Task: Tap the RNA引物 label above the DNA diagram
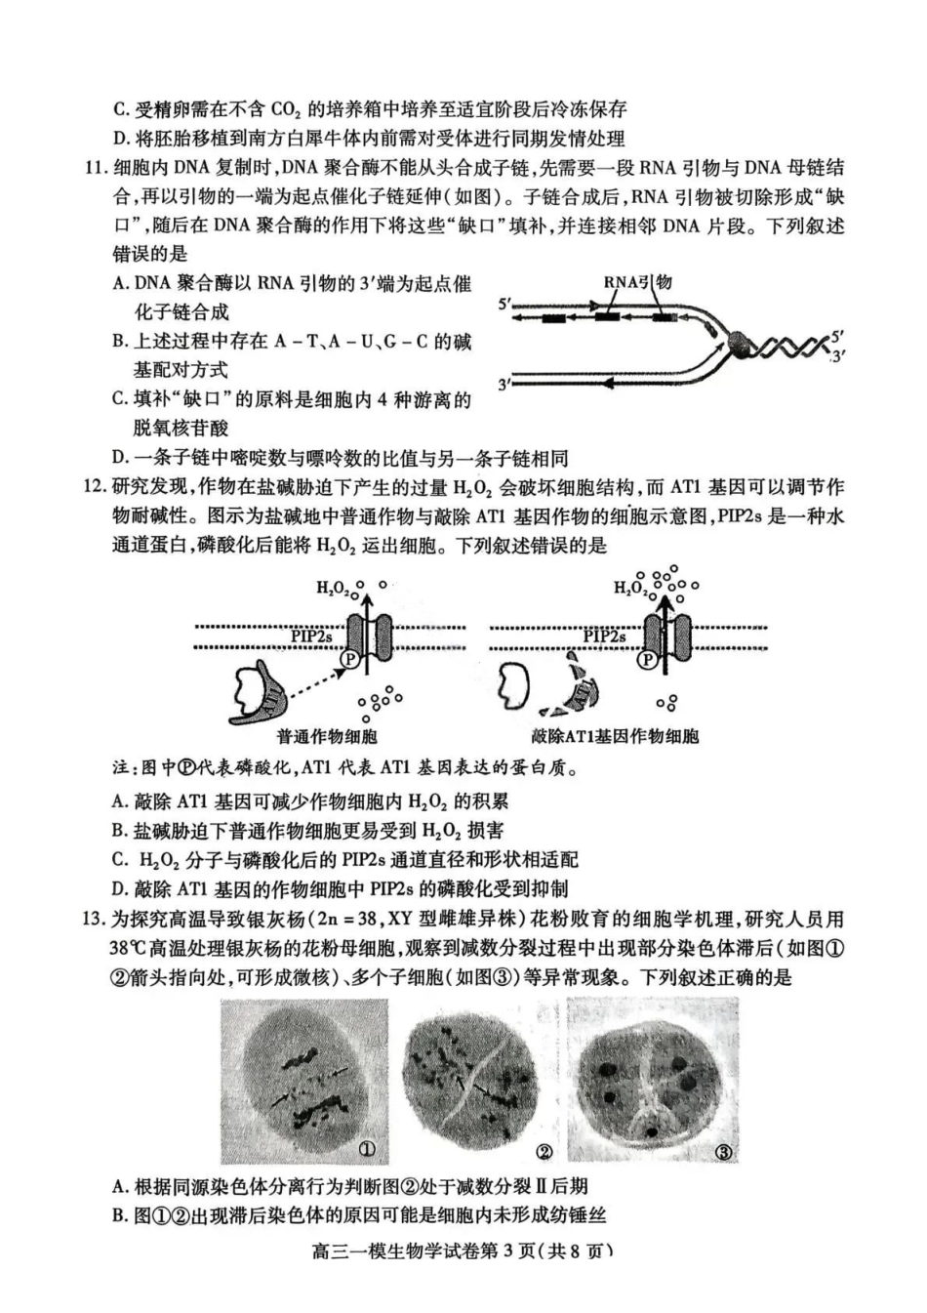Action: (636, 283)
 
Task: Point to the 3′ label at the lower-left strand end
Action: (504, 385)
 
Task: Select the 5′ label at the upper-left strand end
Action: (504, 305)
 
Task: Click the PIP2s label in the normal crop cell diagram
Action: (311, 636)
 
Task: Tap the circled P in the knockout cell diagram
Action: (647, 660)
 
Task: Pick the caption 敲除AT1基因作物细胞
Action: (615, 736)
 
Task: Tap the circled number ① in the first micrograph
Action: (367, 1148)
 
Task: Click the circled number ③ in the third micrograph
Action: (724, 1153)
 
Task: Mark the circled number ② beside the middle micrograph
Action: (544, 1152)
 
